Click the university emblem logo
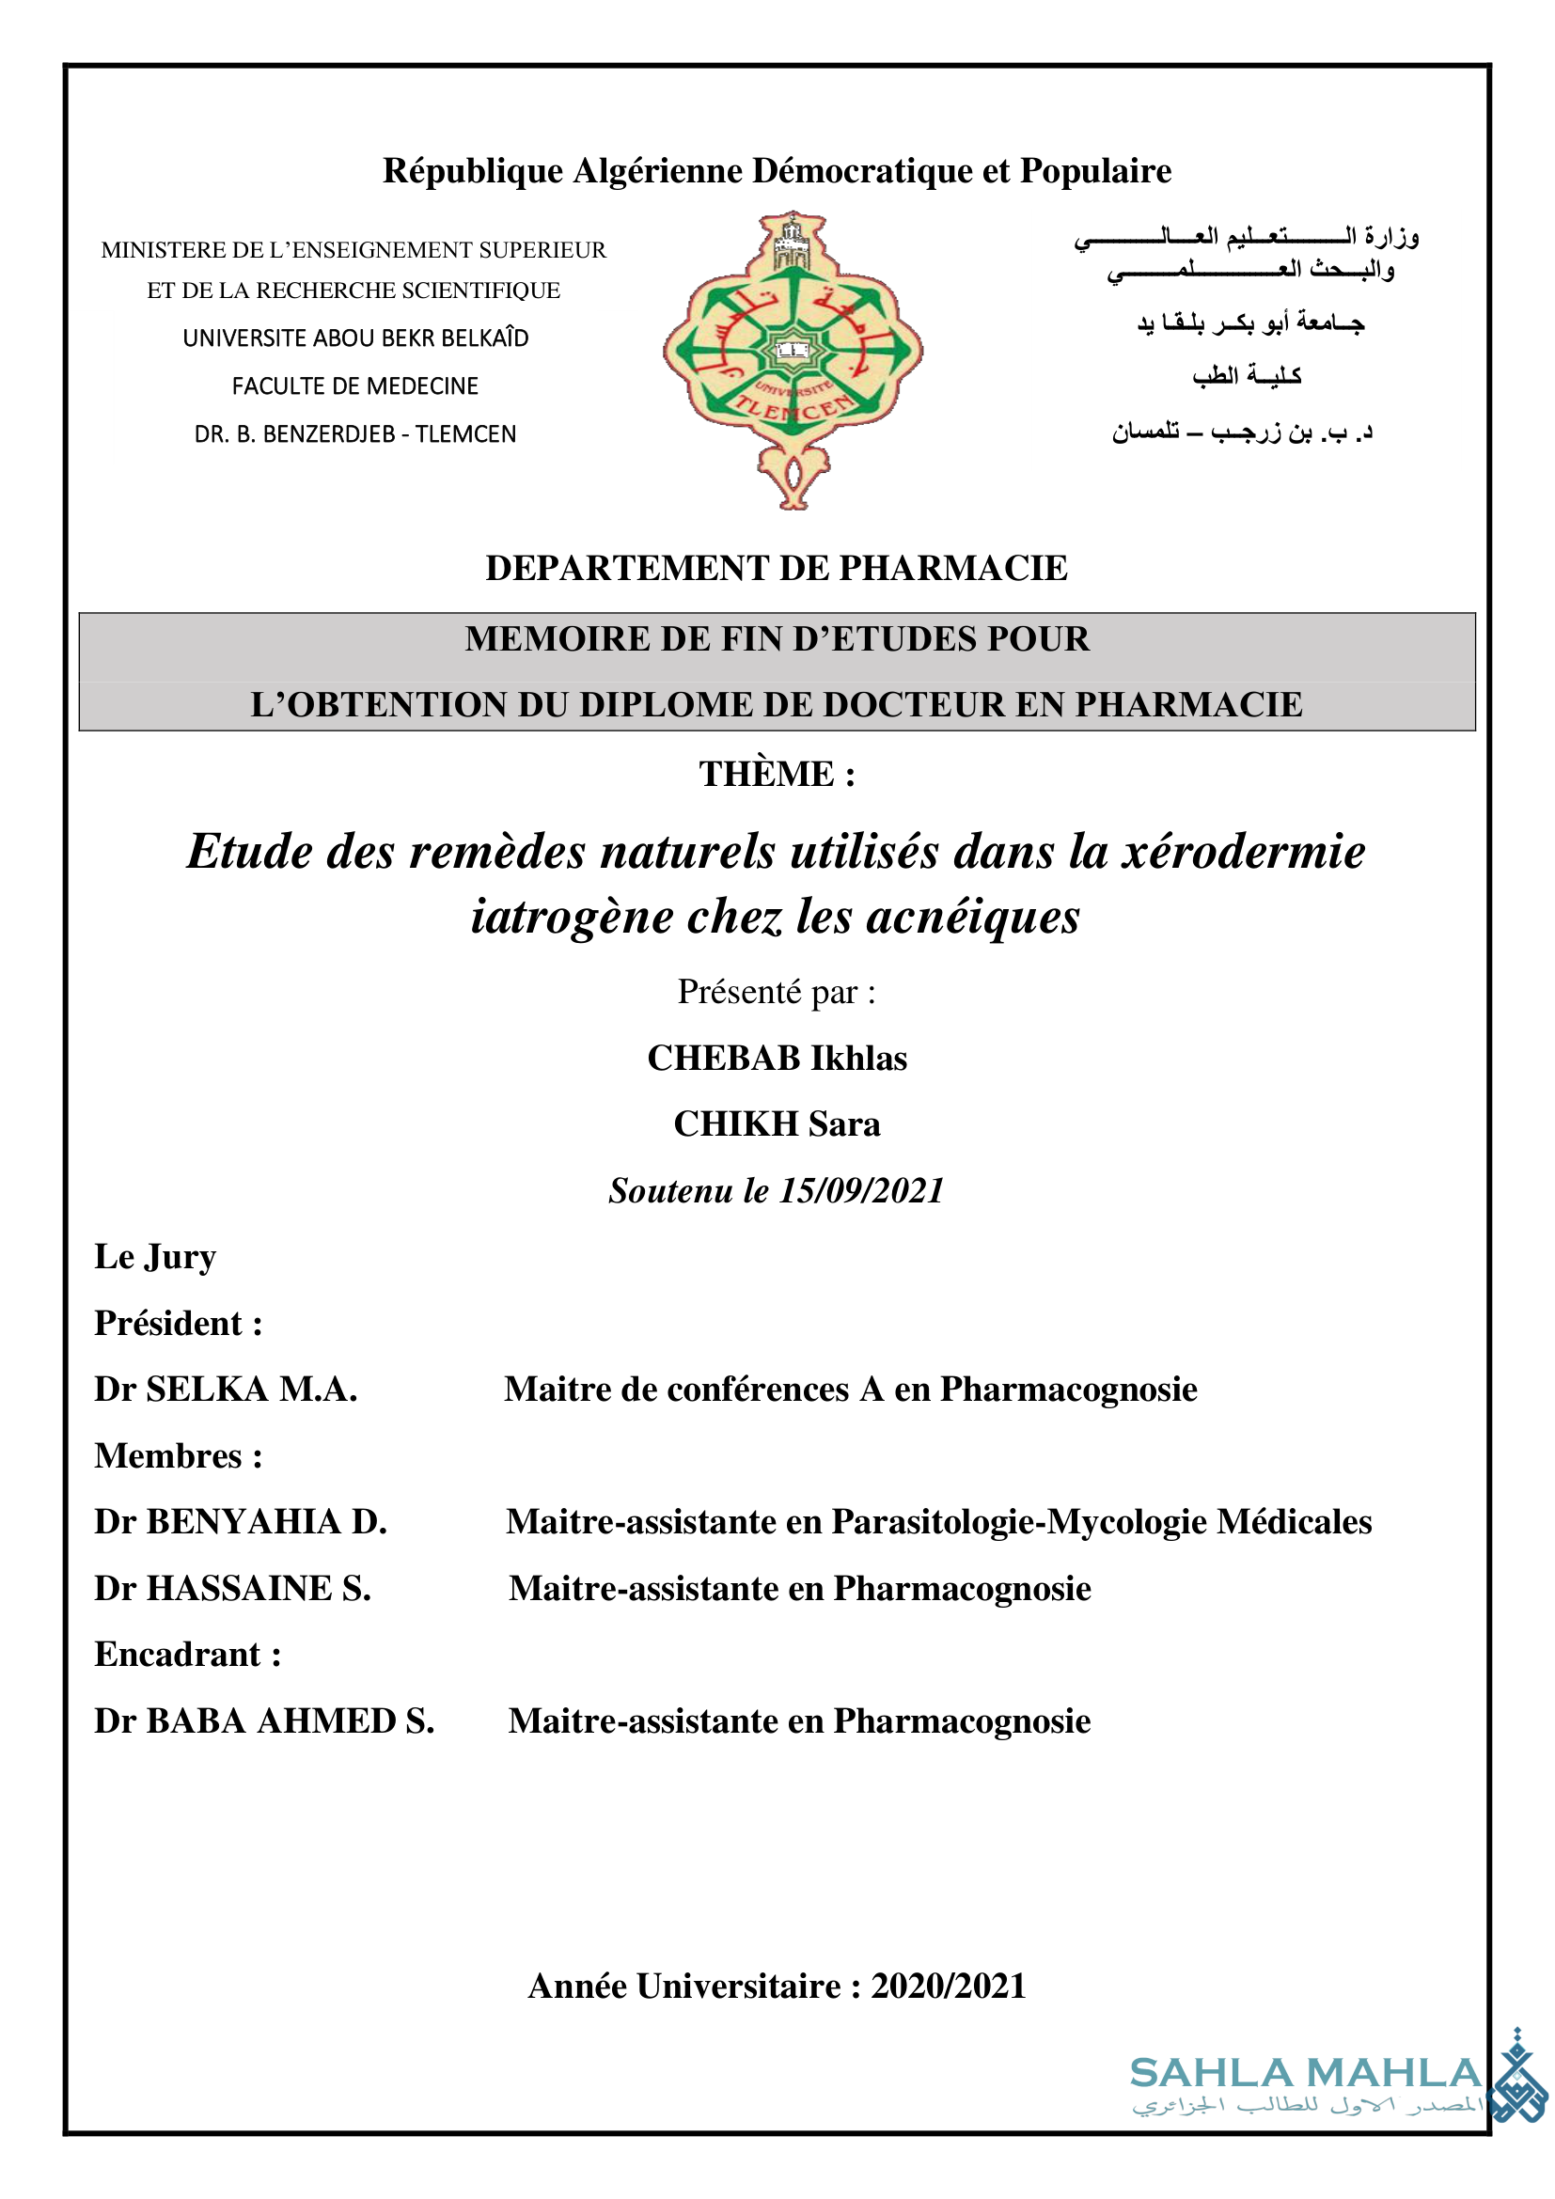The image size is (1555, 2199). pyautogui.click(x=792, y=358)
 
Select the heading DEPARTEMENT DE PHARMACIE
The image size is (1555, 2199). pyautogui.click(x=777, y=568)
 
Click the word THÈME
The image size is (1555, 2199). pyautogui.click(x=766, y=774)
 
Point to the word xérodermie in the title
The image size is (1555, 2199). pyautogui.click(x=1243, y=852)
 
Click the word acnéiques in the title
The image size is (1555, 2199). pyautogui.click(x=973, y=917)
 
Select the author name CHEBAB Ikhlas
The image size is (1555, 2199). pyautogui.click(x=777, y=1058)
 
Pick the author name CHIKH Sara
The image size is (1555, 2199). pyautogui.click(x=777, y=1123)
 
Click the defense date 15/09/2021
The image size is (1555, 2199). pyautogui.click(x=862, y=1190)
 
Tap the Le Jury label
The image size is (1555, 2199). pyautogui.click(x=155, y=1257)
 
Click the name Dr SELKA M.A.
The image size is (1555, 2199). pyautogui.click(x=226, y=1389)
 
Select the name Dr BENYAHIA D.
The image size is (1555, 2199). pyautogui.click(x=241, y=1522)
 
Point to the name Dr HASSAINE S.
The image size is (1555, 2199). pyautogui.click(x=232, y=1588)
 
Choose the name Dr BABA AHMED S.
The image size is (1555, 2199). pyautogui.click(x=264, y=1721)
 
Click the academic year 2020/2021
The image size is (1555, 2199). pyautogui.click(x=948, y=1987)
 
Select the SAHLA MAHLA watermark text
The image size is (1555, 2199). pyautogui.click(x=1306, y=2074)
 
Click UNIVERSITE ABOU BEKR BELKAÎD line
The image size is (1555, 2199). pyautogui.click(x=355, y=338)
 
